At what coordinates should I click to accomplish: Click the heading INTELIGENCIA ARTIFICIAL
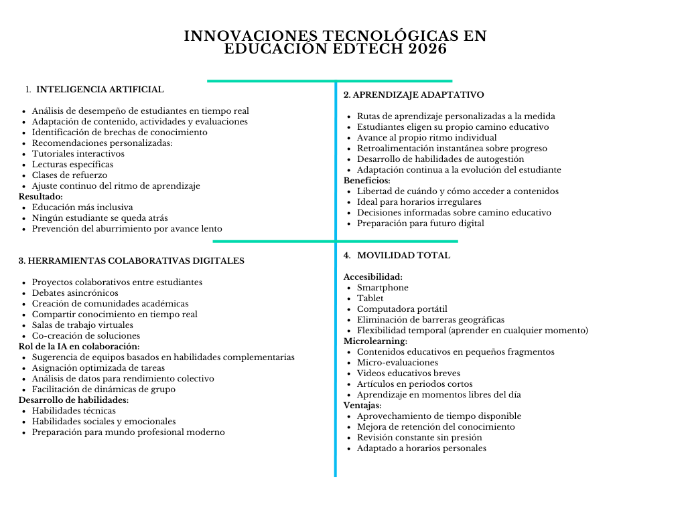click(x=100, y=89)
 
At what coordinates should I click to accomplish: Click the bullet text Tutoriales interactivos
click(x=78, y=153)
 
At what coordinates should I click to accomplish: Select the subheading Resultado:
click(x=40, y=196)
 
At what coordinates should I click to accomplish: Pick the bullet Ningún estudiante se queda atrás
click(x=100, y=218)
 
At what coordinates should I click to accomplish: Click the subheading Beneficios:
click(x=366, y=180)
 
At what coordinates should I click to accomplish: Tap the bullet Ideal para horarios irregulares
click(x=419, y=201)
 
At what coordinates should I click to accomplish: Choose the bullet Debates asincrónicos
click(x=75, y=292)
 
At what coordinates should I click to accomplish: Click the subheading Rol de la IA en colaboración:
click(x=78, y=346)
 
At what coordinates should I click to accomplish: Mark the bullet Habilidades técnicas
click(x=74, y=410)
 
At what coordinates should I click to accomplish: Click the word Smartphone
click(x=383, y=287)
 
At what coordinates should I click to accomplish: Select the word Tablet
click(x=370, y=298)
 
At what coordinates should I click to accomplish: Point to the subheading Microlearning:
click(x=375, y=341)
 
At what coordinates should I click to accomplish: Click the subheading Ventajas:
click(x=362, y=405)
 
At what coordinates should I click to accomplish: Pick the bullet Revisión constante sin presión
click(x=419, y=437)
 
